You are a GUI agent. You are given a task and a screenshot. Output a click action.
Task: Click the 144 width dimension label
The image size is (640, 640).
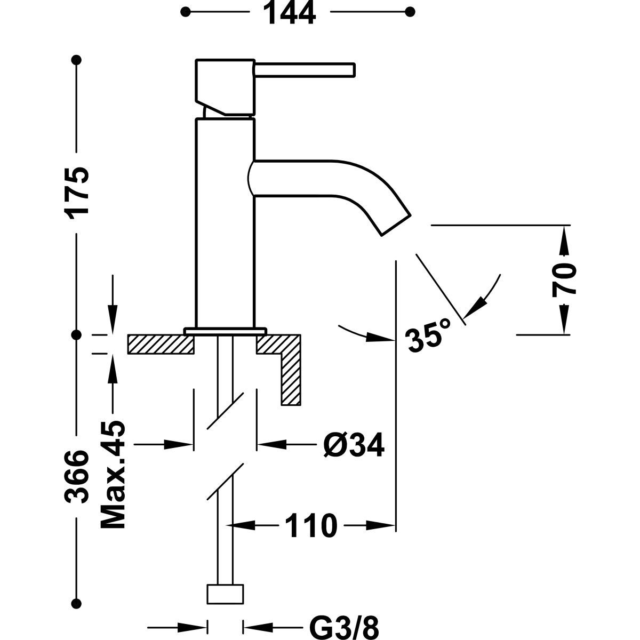click(x=290, y=13)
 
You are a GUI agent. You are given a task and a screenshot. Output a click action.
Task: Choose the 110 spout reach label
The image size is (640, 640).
click(x=311, y=526)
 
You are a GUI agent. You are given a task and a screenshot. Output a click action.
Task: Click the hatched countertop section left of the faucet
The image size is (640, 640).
click(x=160, y=344)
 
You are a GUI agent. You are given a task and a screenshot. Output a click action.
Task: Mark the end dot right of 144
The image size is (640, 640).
click(x=410, y=11)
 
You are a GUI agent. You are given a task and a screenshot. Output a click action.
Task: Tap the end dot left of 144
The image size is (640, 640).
click(x=186, y=11)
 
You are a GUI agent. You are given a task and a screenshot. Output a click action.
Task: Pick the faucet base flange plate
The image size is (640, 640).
click(x=225, y=331)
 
